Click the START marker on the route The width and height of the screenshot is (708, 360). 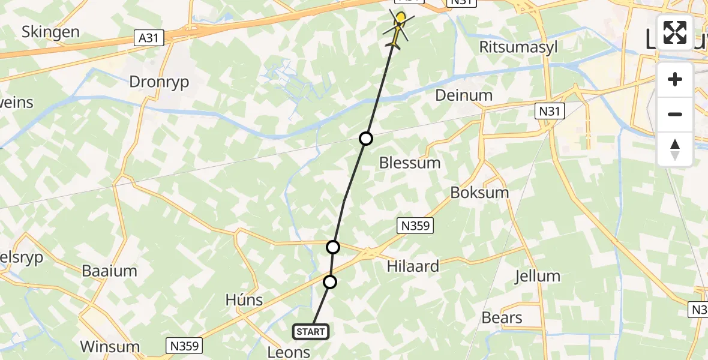coord(311,331)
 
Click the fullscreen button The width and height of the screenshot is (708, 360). coord(675,32)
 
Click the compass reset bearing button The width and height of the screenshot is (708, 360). coord(675,149)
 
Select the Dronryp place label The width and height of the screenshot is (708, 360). coord(160,82)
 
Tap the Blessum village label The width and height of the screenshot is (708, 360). coord(410,163)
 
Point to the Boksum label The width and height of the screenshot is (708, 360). coord(479,193)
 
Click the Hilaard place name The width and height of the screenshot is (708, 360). coord(413,266)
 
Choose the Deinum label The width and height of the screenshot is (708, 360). coord(464,95)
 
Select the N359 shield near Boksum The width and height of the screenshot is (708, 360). coord(415,226)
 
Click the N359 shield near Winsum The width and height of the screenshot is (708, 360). coord(184,346)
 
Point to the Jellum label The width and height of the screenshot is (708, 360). coord(538,277)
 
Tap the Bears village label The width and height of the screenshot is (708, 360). coord(502,317)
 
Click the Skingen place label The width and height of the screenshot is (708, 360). coord(51,32)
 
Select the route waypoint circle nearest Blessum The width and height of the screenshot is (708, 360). coord(366,139)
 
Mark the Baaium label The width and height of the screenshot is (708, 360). coord(109,271)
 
